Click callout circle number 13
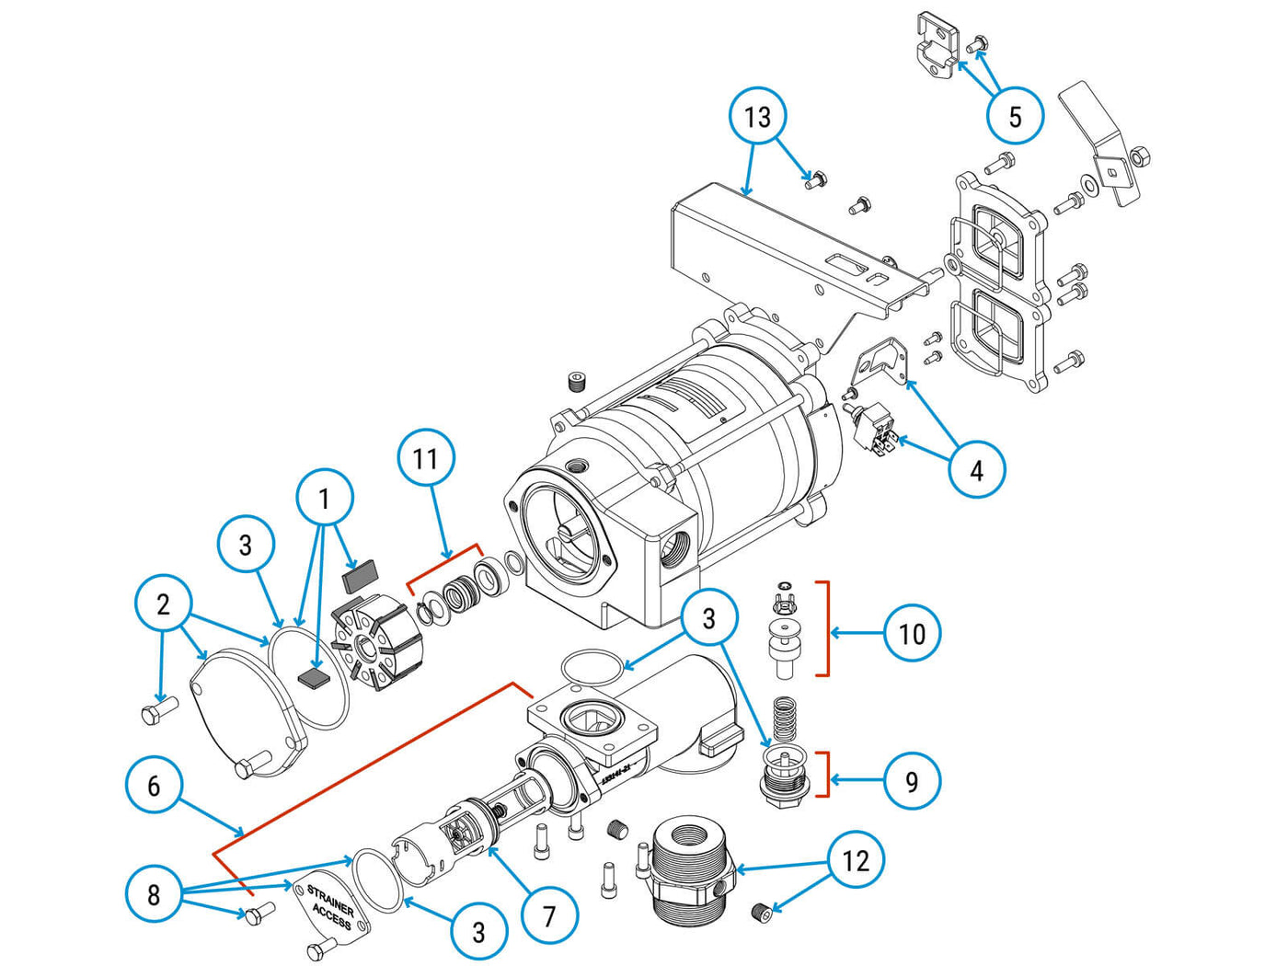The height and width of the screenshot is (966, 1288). pos(757,117)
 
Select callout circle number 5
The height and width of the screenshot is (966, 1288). pos(1015,116)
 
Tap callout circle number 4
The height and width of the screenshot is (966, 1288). pos(976,470)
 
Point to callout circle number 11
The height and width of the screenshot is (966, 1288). pos(426,458)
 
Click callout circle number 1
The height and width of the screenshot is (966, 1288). pos(324,499)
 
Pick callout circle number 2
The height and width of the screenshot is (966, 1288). pos(163,604)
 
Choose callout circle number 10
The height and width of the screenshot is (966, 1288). pos(911,633)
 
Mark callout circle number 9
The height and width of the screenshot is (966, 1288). pos(911,781)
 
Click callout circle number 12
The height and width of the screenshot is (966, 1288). pos(856,860)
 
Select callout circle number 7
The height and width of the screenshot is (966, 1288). pos(549,916)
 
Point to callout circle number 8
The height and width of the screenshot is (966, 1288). pos(154,894)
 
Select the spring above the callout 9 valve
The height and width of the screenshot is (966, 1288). pos(784,718)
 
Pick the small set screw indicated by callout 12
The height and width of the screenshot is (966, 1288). pos(760,912)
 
